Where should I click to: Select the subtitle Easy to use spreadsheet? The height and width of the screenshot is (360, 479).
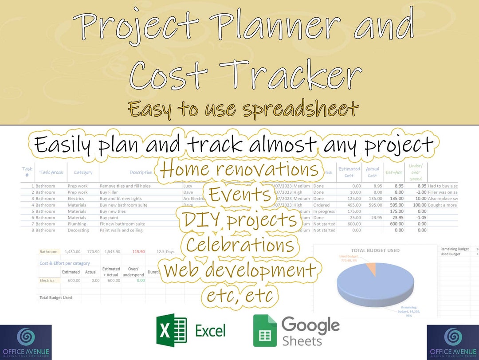coord(243,109)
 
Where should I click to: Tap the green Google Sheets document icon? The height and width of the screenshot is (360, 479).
coord(265,330)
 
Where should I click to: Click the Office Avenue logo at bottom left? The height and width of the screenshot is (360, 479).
coord(26,342)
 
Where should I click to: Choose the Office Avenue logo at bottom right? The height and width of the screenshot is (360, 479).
coord(452,342)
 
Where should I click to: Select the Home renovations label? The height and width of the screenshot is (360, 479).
coord(239,169)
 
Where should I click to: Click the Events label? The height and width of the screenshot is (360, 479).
coord(240,194)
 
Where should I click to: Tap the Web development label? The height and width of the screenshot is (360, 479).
coord(239,270)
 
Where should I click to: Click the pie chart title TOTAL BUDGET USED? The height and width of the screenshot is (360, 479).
coord(375,250)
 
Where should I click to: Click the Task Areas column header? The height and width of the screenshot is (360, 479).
coord(51,172)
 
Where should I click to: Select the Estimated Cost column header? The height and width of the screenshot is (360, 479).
coord(349,172)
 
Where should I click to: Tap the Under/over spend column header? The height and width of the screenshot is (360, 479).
coord(416,172)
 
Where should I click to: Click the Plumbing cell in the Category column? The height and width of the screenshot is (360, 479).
coord(77,224)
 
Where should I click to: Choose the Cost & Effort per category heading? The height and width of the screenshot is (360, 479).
coord(65,263)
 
